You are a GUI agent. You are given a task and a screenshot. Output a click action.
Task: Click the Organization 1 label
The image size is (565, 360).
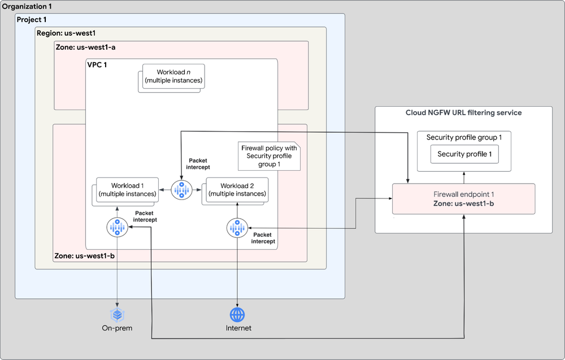pyautogui.click(x=28, y=7)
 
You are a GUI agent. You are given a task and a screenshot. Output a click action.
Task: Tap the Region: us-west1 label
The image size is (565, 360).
pyautogui.click(x=66, y=33)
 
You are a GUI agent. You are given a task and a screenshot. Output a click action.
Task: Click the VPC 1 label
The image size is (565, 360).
pyautogui.click(x=97, y=65)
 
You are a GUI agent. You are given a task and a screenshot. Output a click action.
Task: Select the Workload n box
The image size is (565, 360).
pyautogui.click(x=173, y=77)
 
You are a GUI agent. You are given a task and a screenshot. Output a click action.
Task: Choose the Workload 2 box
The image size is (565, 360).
pyautogui.click(x=236, y=190)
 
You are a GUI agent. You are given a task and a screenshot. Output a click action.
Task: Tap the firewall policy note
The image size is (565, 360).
pyautogui.click(x=268, y=156)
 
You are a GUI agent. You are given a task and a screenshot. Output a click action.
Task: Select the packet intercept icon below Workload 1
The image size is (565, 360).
pyautogui.click(x=117, y=227)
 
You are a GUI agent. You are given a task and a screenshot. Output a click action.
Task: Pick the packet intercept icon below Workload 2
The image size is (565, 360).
pyautogui.click(x=237, y=227)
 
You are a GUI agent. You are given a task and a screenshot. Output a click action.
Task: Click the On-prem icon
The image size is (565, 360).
pyautogui.click(x=117, y=314)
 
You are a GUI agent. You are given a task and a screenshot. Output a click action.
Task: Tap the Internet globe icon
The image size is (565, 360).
pyautogui.click(x=237, y=314)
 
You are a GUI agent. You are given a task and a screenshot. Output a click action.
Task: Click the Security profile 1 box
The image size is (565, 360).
pyautogui.click(x=464, y=154)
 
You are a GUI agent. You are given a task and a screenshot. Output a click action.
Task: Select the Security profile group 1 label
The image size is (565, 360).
pyautogui.click(x=464, y=137)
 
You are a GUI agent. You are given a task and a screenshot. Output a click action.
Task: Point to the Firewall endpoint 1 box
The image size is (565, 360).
pyautogui.click(x=464, y=198)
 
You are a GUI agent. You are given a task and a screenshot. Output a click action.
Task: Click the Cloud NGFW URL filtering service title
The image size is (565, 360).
pyautogui.click(x=463, y=112)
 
